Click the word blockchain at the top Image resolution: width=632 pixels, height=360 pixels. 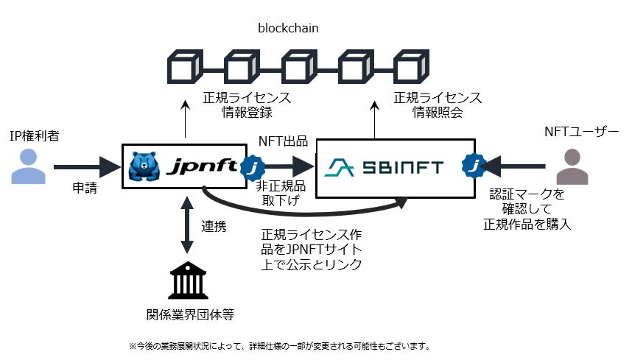288,28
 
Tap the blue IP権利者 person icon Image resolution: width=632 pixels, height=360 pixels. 28,166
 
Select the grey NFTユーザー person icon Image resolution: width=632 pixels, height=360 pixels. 572,166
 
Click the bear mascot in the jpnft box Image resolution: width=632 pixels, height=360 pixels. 144,166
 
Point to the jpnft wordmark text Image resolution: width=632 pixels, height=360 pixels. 203,166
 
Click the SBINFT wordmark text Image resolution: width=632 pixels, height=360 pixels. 403,168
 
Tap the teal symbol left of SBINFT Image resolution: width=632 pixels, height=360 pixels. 340,168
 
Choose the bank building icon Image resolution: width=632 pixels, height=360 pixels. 188,280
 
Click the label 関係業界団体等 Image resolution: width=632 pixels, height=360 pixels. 190,314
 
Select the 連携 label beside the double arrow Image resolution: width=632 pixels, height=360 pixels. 214,226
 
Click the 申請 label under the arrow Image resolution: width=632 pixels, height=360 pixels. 85,188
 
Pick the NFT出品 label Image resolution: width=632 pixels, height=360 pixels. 283,141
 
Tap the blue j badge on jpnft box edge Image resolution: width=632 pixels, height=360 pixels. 253,167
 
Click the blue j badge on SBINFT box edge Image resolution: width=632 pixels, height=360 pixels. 474,166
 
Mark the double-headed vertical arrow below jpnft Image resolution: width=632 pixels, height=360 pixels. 187,225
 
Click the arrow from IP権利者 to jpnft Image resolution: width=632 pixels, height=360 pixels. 87,166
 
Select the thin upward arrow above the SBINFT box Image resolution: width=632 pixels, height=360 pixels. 375,120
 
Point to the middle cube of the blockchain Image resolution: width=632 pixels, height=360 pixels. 298,66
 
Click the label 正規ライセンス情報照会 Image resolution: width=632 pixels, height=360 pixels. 438,105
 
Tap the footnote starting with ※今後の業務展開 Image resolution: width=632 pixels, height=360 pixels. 280,346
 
